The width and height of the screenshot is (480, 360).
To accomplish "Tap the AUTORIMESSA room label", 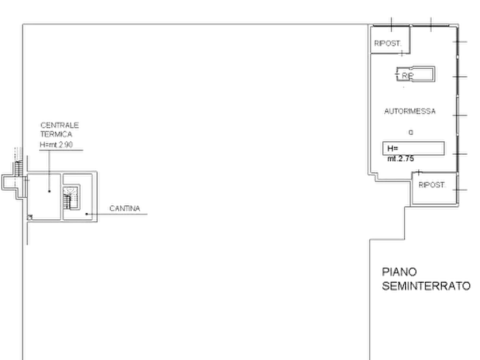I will pos(409,113).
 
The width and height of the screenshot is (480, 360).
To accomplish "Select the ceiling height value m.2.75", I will pos(400,159).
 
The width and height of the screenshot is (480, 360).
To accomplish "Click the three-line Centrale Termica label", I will pos(60,135).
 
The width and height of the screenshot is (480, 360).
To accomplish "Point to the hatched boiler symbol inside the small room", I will pos(69,198).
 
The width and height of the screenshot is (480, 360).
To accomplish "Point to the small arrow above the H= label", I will pos(411,131).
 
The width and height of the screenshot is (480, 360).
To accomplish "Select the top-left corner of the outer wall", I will pos(20,25).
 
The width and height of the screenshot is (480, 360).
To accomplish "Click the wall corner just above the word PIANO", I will pos(369,236).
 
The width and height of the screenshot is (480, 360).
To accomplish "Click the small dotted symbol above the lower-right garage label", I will pos(418,171).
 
